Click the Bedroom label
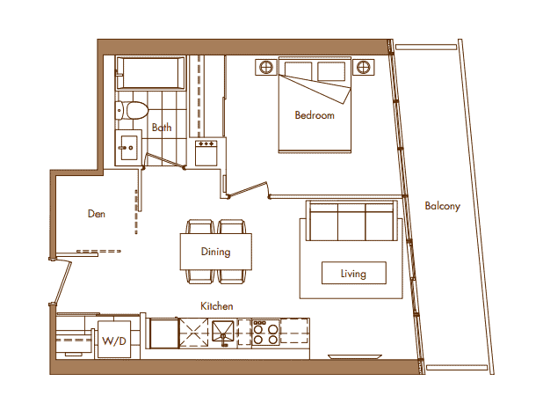click(315, 115)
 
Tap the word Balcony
click(442, 206)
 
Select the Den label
click(97, 214)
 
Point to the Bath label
click(162, 128)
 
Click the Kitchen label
click(216, 306)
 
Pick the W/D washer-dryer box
click(114, 339)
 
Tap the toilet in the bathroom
click(132, 110)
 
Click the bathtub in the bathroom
click(150, 73)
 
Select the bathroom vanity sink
click(128, 148)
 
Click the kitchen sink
click(223, 333)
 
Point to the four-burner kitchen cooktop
click(265, 333)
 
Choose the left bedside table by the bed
click(266, 67)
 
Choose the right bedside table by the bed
click(363, 67)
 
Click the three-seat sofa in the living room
click(351, 221)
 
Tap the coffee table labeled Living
click(353, 273)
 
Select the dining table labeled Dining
click(216, 252)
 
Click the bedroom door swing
click(248, 189)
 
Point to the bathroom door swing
click(163, 160)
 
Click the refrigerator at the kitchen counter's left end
click(163, 333)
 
